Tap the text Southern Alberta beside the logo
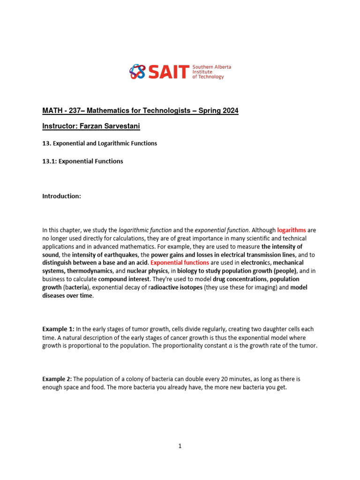point(212,67)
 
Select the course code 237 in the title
point(69,111)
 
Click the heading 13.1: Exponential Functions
point(82,161)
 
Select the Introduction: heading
point(62,196)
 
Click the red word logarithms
point(292,230)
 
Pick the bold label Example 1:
point(58,329)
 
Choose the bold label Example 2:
point(58,379)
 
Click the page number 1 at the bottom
point(180,446)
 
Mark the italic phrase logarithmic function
point(145,230)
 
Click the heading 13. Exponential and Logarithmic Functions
point(100,143)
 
